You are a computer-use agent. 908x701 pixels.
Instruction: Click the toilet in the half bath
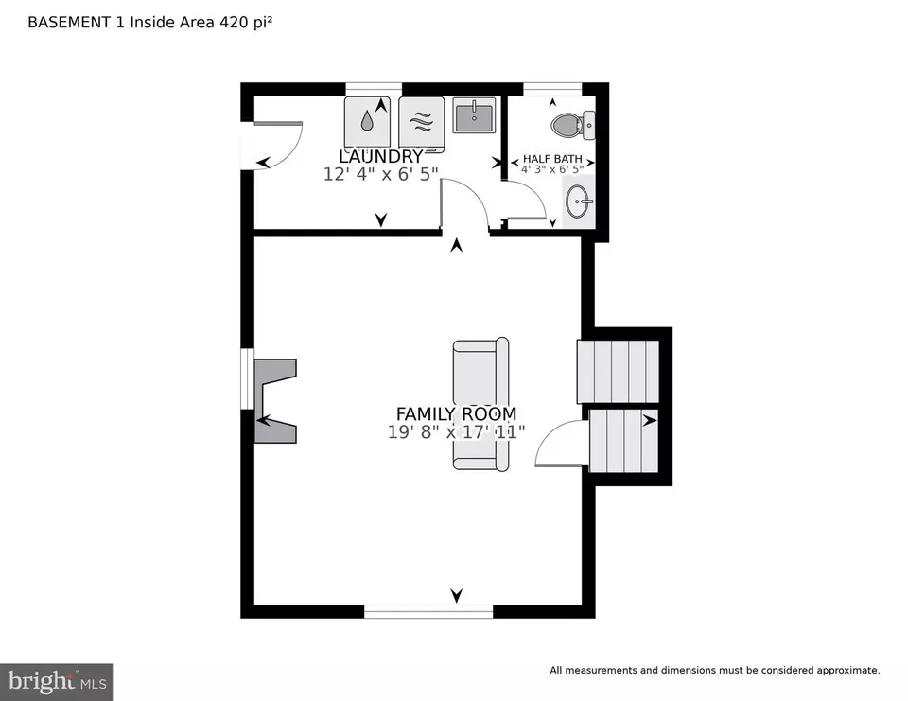[572, 125]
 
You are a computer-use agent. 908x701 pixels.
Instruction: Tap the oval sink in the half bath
[578, 202]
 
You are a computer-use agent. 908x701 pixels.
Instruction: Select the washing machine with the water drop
[367, 122]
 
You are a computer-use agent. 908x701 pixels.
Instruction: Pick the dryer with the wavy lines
[421, 123]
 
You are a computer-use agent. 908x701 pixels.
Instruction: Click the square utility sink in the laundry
[474, 114]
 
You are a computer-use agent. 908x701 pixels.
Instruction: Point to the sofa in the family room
[480, 404]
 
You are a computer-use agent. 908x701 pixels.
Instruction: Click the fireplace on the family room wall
[275, 401]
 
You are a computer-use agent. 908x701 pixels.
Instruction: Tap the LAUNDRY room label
[381, 156]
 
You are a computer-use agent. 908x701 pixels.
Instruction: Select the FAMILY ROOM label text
[456, 414]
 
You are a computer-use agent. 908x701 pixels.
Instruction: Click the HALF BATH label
[552, 159]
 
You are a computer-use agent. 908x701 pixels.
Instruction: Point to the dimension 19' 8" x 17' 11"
[456, 432]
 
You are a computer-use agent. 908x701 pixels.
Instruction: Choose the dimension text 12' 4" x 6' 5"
[380, 174]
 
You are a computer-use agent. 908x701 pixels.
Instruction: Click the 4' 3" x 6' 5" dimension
[552, 169]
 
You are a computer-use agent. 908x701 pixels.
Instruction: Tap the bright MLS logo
[57, 682]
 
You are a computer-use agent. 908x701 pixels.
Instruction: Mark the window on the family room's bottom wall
[428, 611]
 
